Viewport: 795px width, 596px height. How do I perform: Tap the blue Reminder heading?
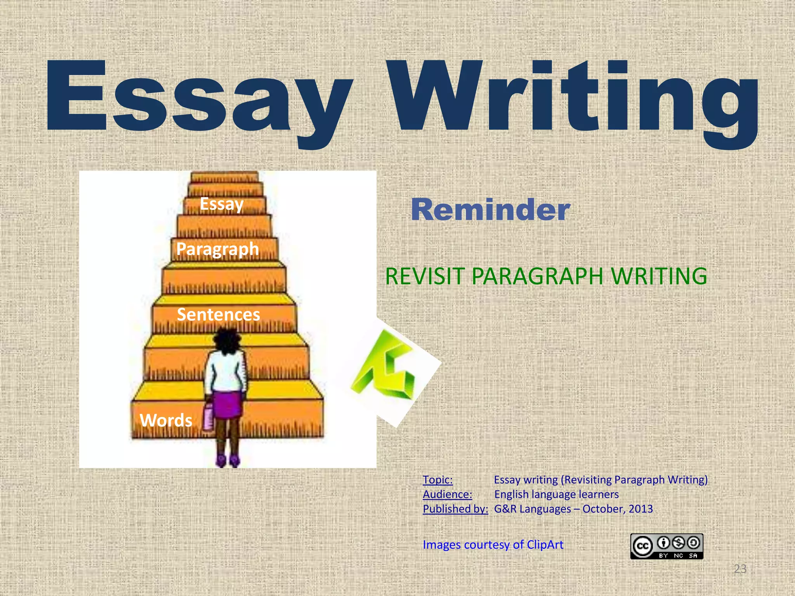pos(490,210)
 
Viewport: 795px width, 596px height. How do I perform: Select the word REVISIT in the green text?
pos(425,276)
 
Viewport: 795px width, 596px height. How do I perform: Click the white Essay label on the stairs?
pos(221,204)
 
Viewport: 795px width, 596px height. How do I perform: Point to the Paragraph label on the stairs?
pos(217,249)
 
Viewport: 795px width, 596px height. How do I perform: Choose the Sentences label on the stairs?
pos(218,314)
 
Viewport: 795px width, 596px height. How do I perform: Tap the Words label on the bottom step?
pos(166,420)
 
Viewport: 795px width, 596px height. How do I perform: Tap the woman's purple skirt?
pos(227,404)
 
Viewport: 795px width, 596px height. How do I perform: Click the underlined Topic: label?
pos(437,480)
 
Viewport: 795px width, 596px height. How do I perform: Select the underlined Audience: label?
pos(447,494)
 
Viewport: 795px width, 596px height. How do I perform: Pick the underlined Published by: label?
pos(455,509)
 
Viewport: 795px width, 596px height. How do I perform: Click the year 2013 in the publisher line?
pos(641,509)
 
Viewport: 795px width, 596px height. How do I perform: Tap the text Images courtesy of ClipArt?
pos(493,545)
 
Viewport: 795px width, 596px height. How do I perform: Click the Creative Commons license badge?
pos(667,546)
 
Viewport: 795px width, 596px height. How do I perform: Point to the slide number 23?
pos(740,569)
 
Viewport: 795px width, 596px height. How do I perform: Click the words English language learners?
pos(556,494)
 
